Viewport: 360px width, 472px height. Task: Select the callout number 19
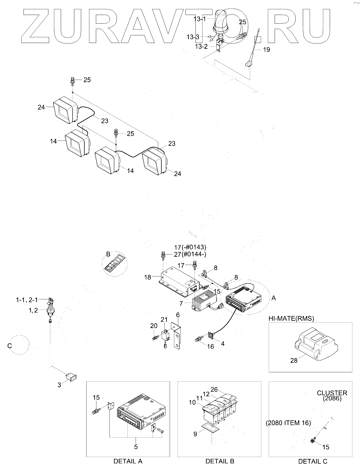pyautogui.click(x=266, y=50)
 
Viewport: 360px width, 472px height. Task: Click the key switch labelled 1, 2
pyautogui.click(x=50, y=311)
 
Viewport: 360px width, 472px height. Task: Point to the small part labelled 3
pyautogui.click(x=72, y=377)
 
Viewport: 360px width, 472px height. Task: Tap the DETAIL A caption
pyautogui.click(x=128, y=461)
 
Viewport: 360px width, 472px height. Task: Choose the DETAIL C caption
pyautogui.click(x=312, y=461)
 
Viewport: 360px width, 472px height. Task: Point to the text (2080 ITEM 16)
pyautogui.click(x=288, y=423)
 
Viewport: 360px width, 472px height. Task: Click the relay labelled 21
pyautogui.click(x=165, y=334)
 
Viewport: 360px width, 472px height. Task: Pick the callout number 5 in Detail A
pyautogui.click(x=136, y=447)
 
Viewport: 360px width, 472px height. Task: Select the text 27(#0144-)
pyautogui.click(x=190, y=254)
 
